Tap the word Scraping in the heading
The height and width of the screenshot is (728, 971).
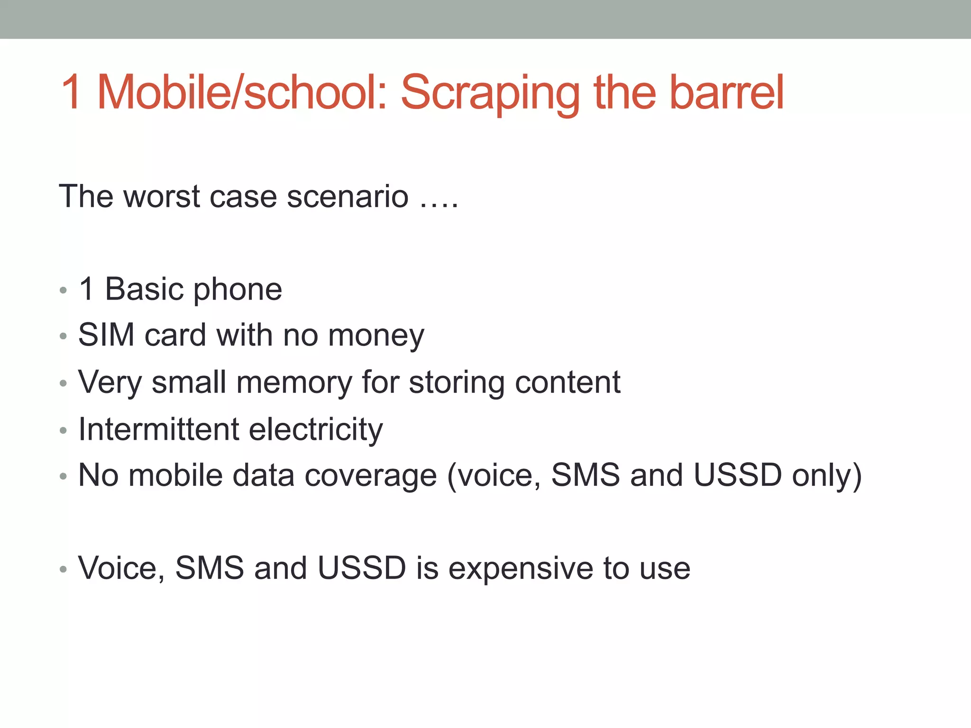(x=490, y=93)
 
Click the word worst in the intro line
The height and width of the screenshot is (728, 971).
(x=162, y=196)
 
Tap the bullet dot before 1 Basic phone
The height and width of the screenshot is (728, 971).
(x=64, y=290)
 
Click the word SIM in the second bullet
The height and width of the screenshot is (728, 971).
(x=106, y=335)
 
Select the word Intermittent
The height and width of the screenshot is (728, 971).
(x=159, y=429)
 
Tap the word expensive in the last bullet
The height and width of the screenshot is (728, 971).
(x=521, y=569)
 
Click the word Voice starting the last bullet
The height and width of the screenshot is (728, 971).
(x=121, y=568)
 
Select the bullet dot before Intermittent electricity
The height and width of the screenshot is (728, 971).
(x=64, y=430)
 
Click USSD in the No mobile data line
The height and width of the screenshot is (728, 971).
(x=737, y=475)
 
